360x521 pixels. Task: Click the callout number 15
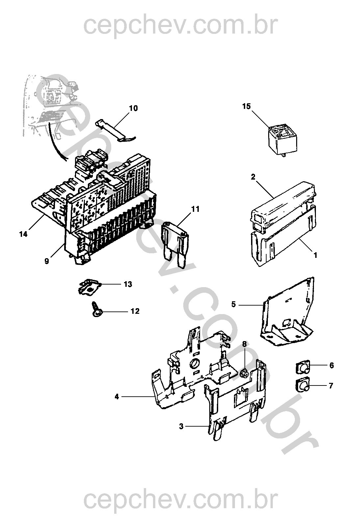click(x=246, y=106)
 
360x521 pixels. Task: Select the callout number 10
click(x=133, y=108)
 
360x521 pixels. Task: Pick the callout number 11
click(x=195, y=209)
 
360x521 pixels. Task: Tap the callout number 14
click(x=23, y=234)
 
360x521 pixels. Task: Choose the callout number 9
click(x=47, y=261)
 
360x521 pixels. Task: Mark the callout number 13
click(x=128, y=284)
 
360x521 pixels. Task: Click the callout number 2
click(x=253, y=177)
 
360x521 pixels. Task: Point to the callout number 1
click(x=316, y=255)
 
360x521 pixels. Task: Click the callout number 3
click(x=181, y=426)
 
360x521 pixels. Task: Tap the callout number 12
click(x=135, y=311)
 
